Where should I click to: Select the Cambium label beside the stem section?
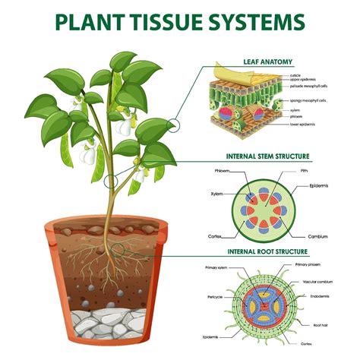click(317, 236)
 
